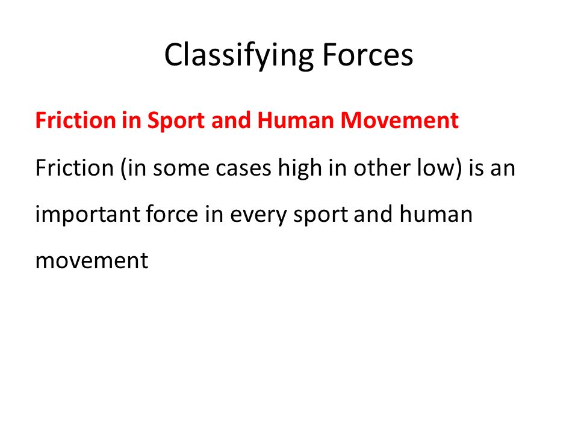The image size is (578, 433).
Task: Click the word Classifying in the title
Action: (239, 55)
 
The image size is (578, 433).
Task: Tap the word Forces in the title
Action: (367, 55)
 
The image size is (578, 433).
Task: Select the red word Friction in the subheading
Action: (76, 120)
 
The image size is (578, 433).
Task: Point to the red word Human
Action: (296, 120)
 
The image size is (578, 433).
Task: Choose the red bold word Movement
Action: (400, 120)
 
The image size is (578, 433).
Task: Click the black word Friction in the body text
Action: (75, 168)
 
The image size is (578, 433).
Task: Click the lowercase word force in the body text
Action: (172, 214)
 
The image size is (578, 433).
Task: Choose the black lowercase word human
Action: (436, 214)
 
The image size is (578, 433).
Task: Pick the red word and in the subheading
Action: (231, 120)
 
